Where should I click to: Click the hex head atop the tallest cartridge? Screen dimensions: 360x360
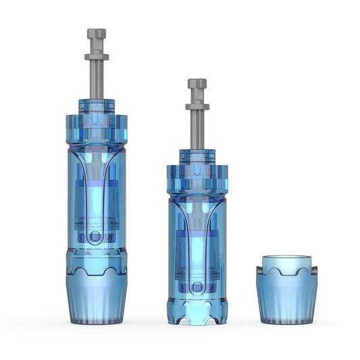(97, 34)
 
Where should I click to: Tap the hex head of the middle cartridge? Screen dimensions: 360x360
(197, 84)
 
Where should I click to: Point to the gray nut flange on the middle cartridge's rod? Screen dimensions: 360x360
(197, 106)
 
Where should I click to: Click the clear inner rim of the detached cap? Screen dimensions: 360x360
(287, 263)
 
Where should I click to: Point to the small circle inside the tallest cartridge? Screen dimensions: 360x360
(96, 236)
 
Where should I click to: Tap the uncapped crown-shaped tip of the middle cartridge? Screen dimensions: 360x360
(197, 311)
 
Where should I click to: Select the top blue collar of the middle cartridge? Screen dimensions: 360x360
(197, 156)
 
